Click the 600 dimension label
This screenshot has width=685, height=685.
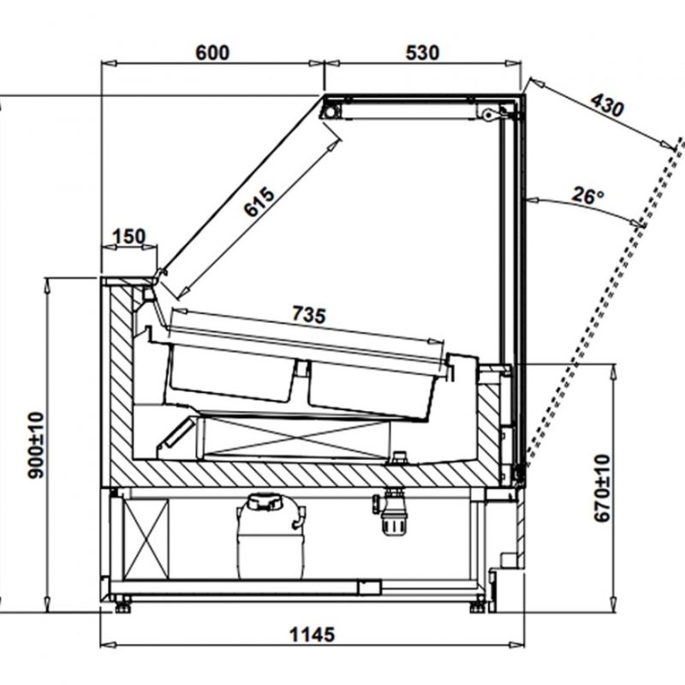[x=212, y=53]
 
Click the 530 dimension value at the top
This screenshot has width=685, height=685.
[x=422, y=53]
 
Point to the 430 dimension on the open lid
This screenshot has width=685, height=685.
[x=607, y=105]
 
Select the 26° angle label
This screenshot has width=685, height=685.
[x=588, y=195]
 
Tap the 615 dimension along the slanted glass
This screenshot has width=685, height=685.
[x=260, y=201]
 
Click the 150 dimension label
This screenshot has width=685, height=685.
[x=129, y=237]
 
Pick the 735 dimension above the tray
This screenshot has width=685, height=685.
[x=309, y=314]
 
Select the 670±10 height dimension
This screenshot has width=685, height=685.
[x=603, y=488]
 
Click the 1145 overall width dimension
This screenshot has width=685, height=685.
[x=313, y=634]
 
